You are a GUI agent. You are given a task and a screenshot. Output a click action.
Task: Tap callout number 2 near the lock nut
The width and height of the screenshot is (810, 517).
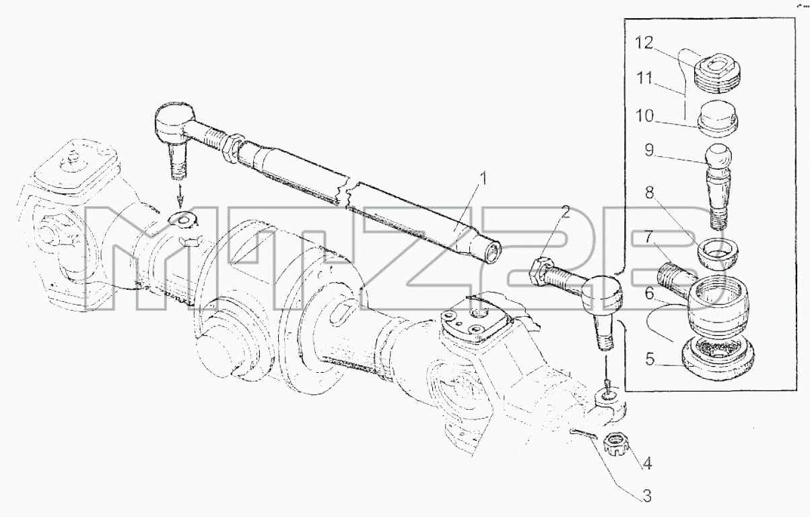click(x=565, y=212)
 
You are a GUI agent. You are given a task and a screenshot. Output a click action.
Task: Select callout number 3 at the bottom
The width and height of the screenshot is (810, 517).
click(x=647, y=495)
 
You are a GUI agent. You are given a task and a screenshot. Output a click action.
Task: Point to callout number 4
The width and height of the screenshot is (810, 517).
click(x=647, y=463)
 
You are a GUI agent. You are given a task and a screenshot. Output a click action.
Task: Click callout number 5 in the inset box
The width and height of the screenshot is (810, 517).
click(x=650, y=359)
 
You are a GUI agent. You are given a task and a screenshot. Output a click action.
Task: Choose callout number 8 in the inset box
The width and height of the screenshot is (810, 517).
click(x=650, y=193)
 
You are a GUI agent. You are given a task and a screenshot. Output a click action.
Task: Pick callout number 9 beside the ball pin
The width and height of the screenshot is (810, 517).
click(x=649, y=150)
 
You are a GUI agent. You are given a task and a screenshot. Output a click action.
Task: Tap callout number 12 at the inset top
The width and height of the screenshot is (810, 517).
click(x=644, y=43)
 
